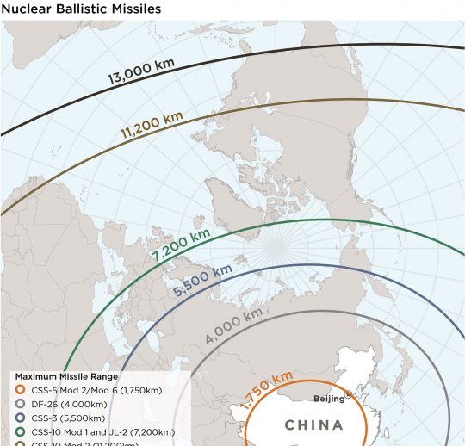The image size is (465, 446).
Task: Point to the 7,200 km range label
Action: coord(181,245)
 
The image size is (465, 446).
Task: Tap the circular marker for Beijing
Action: coord(348,394)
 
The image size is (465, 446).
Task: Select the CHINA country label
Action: coord(313,424)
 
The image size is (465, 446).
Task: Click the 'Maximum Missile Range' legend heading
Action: coord(67,377)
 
